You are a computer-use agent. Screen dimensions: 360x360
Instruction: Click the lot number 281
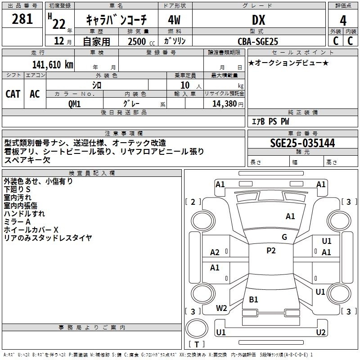click(x=22, y=19)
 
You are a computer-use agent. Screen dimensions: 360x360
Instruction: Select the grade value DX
click(x=258, y=20)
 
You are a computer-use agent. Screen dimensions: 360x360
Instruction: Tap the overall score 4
click(x=343, y=20)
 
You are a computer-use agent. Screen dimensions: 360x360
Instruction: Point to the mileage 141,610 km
click(x=53, y=65)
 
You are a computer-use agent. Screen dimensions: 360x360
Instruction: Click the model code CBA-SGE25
click(x=258, y=41)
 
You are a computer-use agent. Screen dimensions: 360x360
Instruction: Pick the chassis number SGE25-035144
click(x=302, y=143)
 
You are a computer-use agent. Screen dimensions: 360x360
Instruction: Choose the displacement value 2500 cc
click(x=141, y=41)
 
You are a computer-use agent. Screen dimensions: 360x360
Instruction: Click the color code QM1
click(x=74, y=104)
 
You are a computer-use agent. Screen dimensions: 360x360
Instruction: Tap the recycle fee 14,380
click(x=225, y=104)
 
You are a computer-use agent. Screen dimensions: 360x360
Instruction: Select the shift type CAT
click(x=13, y=94)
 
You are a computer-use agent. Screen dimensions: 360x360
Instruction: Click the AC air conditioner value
click(x=35, y=94)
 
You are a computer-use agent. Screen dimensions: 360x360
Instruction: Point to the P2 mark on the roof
click(x=271, y=251)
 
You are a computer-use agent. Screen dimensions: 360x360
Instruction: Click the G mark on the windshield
click(x=284, y=237)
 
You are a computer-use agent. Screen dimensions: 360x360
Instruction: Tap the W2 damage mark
click(x=221, y=308)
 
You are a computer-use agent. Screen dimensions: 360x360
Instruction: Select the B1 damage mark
click(x=253, y=299)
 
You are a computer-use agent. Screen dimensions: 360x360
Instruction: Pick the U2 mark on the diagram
click(x=321, y=332)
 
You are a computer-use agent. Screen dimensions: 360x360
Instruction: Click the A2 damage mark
click(x=215, y=252)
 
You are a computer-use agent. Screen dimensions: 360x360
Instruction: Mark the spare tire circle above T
click(x=197, y=328)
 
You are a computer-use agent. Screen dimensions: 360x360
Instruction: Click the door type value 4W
click(x=174, y=20)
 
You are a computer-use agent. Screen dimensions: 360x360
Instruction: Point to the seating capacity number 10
click(x=185, y=85)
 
